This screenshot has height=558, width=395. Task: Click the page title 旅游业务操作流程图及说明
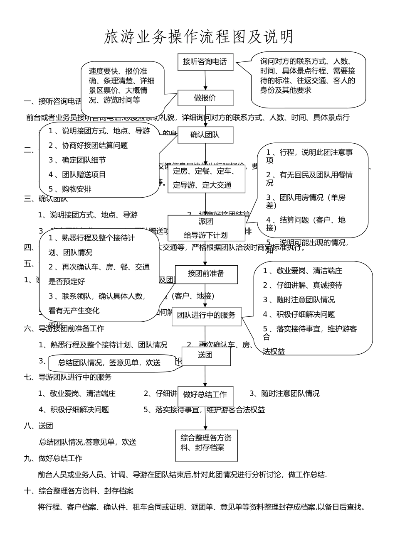click(x=198, y=37)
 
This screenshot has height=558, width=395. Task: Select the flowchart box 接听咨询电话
click(x=205, y=62)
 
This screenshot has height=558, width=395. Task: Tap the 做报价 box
click(x=205, y=98)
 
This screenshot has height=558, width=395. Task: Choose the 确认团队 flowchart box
click(x=205, y=135)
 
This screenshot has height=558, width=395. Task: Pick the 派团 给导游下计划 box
click(x=206, y=228)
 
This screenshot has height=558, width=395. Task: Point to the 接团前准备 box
click(x=206, y=274)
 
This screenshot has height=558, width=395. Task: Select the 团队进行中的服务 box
click(x=206, y=316)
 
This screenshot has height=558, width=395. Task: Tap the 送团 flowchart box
click(x=206, y=356)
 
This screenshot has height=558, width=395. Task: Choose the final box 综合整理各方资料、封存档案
click(x=206, y=445)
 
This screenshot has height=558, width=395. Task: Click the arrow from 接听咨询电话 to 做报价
click(x=205, y=80)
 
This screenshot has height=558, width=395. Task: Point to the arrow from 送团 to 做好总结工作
click(x=205, y=376)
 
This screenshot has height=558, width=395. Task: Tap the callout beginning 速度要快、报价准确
click(x=122, y=86)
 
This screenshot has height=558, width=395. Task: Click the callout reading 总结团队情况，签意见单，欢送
click(x=110, y=363)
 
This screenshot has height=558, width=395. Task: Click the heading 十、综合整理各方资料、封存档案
click(x=79, y=491)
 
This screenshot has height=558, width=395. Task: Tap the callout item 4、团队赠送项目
click(x=77, y=175)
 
